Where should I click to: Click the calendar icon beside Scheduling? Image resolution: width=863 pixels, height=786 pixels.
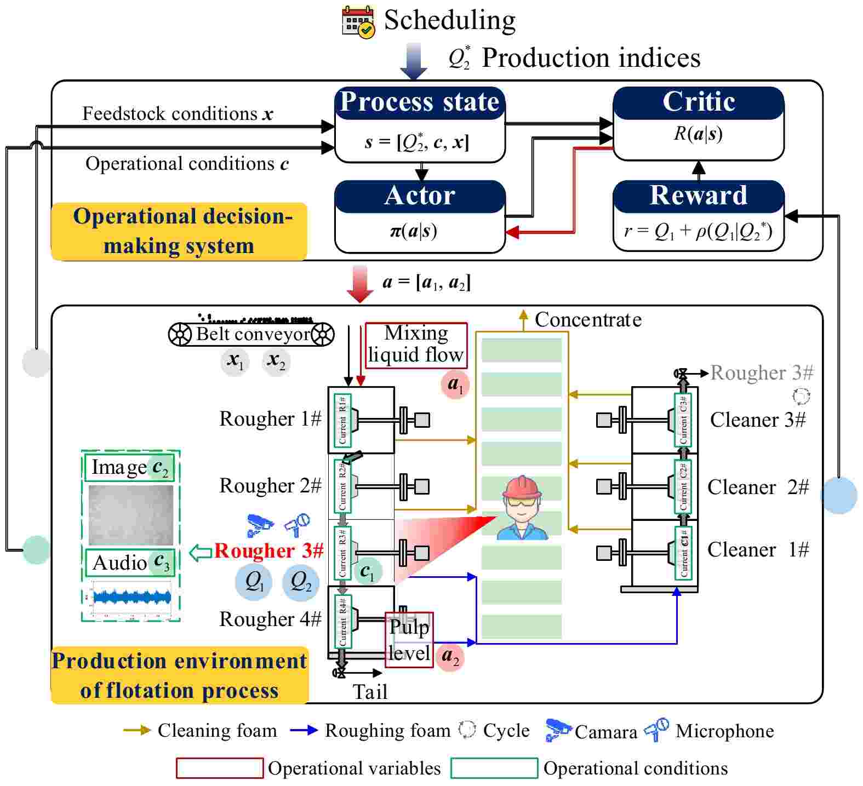[x=358, y=21]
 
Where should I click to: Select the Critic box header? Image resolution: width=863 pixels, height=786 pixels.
[x=698, y=102]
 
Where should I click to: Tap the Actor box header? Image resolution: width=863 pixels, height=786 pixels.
[x=420, y=196]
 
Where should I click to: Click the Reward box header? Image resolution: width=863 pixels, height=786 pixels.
[x=698, y=196]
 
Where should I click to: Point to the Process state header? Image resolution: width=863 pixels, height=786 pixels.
[x=420, y=102]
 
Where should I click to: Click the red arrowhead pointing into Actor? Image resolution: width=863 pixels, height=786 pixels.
[x=512, y=232]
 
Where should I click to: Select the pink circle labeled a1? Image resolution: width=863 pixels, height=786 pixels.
[x=455, y=384]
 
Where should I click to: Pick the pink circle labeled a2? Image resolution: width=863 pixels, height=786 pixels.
[x=450, y=656]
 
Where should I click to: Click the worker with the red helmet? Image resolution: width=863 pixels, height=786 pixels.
[x=522, y=508]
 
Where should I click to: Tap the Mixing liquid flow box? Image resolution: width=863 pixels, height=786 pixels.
[x=416, y=345]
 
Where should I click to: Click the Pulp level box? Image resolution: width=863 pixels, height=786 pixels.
[x=409, y=639]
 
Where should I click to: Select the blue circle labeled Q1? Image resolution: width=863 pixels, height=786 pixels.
[x=254, y=581]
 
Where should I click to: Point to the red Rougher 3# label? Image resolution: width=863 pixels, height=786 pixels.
[x=268, y=550]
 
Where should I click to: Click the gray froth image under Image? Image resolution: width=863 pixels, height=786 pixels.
[x=131, y=514]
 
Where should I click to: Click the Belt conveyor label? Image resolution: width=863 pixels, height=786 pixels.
[x=253, y=334]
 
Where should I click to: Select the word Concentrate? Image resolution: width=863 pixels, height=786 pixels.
[x=587, y=319]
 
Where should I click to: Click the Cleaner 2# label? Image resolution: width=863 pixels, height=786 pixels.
[x=757, y=486]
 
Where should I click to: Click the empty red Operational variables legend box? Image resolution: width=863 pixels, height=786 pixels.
[x=220, y=768]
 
